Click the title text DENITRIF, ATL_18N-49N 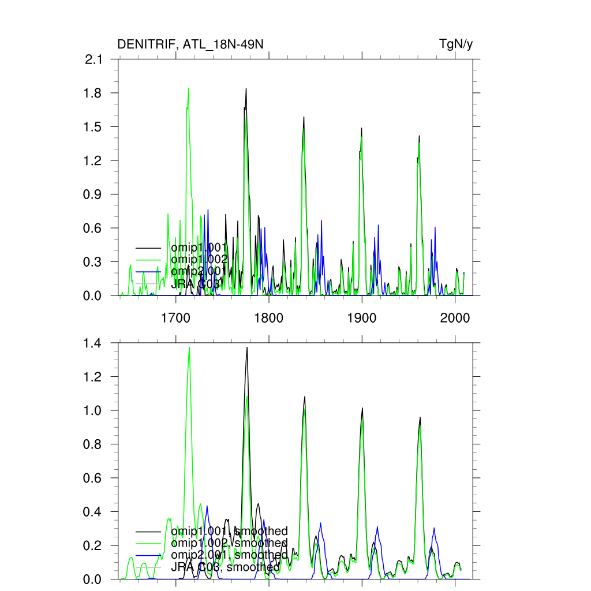(190, 44)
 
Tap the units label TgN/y (456, 44)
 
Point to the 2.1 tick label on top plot (93, 59)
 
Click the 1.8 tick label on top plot (93, 93)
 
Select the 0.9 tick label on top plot (93, 194)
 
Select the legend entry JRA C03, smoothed (225, 567)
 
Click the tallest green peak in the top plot (188, 89)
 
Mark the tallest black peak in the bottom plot (247, 347)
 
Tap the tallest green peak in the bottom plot (189, 347)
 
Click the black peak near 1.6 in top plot (304, 117)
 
